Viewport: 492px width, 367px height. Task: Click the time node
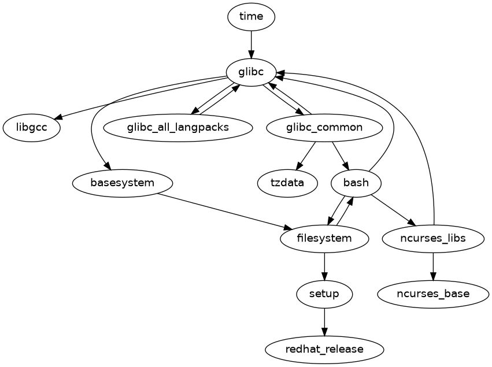(x=251, y=16)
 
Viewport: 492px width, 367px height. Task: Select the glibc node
(x=251, y=72)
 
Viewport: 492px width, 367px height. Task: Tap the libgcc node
(x=32, y=128)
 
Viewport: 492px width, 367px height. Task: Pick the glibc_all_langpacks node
(x=178, y=128)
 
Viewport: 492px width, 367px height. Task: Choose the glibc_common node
(x=324, y=128)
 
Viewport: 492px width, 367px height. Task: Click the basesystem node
(x=123, y=183)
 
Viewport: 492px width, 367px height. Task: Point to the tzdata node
(x=287, y=183)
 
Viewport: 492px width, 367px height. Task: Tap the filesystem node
(x=324, y=239)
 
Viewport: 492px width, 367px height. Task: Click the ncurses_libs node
(x=433, y=239)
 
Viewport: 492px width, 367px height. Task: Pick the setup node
(x=324, y=294)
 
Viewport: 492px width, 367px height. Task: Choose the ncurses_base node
(x=433, y=294)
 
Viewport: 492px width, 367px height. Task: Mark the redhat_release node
(x=324, y=350)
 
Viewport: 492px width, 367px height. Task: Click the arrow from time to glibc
(x=251, y=44)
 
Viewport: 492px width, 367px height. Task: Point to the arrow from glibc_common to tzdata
(x=307, y=154)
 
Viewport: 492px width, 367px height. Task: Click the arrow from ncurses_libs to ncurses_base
(x=433, y=266)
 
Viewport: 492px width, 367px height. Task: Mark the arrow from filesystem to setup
(x=324, y=266)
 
